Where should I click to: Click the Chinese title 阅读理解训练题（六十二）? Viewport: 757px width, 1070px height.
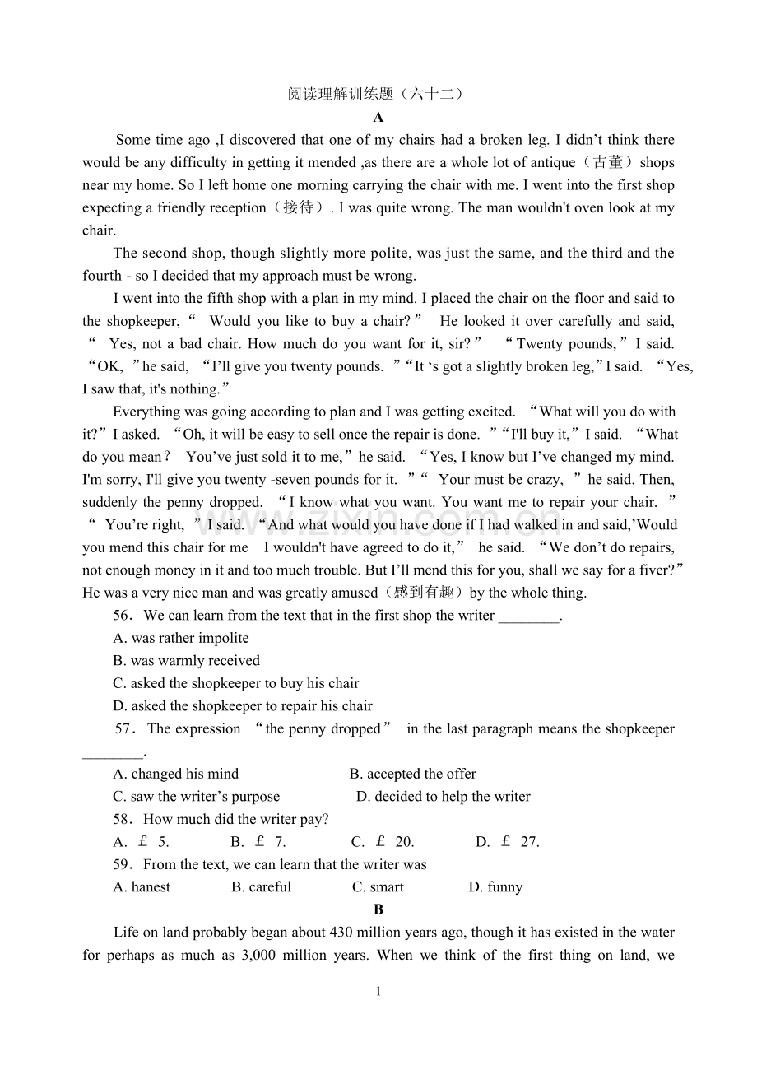pyautogui.click(x=378, y=94)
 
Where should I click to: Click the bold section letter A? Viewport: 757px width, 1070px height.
pyautogui.click(x=378, y=118)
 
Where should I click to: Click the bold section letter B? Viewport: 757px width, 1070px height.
pyautogui.click(x=378, y=909)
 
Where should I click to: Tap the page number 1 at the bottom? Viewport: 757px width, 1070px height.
pyautogui.click(x=378, y=992)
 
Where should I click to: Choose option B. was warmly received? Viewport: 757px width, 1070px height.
pyautogui.click(x=186, y=661)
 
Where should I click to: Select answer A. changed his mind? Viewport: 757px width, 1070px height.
pyautogui.click(x=175, y=774)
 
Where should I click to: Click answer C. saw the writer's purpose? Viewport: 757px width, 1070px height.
pyautogui.click(x=196, y=797)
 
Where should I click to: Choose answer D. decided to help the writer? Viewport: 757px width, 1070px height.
pyautogui.click(x=443, y=797)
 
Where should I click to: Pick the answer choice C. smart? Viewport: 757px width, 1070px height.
pyautogui.click(x=378, y=887)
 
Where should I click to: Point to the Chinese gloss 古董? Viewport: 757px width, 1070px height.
pyautogui.click(x=606, y=163)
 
